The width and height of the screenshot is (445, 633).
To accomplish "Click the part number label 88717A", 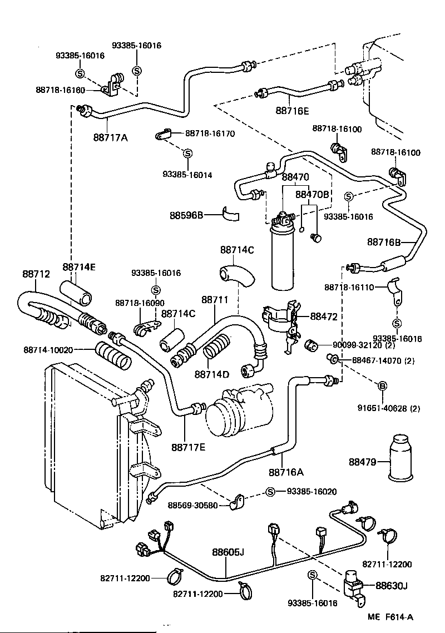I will click(x=110, y=137).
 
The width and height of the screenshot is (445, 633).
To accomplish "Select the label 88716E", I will click(x=291, y=110).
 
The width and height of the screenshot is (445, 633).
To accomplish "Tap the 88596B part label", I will click(x=187, y=215).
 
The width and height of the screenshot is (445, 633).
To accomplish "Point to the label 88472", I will click(x=323, y=316).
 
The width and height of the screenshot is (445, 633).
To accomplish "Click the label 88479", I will click(x=363, y=462).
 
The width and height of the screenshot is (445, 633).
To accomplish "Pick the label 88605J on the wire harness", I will click(x=228, y=552).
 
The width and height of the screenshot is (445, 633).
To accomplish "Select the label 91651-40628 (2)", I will click(x=389, y=408).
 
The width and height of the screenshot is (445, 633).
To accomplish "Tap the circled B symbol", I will click(x=383, y=387).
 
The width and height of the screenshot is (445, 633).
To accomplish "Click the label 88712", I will click(x=36, y=274).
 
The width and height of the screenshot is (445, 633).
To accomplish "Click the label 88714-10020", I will click(x=48, y=349).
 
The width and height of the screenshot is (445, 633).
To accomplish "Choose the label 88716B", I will click(x=384, y=242).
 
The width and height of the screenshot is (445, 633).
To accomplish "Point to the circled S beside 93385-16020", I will click(x=270, y=492).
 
